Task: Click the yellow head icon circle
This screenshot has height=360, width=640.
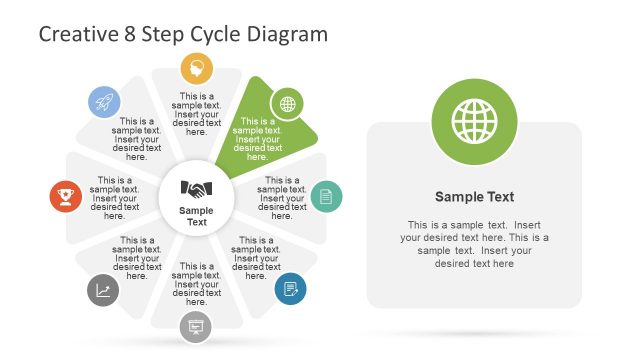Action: pyautogui.click(x=196, y=69)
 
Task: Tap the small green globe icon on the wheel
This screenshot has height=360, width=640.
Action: pyautogui.click(x=288, y=103)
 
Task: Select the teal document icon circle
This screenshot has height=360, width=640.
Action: pyautogui.click(x=326, y=196)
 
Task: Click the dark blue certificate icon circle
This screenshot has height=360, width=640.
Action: pyautogui.click(x=290, y=288)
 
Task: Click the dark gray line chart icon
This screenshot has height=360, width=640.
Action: pyautogui.click(x=103, y=290)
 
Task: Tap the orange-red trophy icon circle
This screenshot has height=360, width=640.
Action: pyautogui.click(x=66, y=196)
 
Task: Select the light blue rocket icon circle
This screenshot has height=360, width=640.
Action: pyautogui.click(x=103, y=101)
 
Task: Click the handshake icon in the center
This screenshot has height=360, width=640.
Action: pyautogui.click(x=196, y=188)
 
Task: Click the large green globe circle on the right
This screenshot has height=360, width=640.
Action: pyautogui.click(x=474, y=122)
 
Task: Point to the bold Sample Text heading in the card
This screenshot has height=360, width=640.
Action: pyautogui.click(x=474, y=197)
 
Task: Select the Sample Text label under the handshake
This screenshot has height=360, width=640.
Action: pyautogui.click(x=196, y=215)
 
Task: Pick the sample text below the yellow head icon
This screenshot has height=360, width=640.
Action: pyautogui.click(x=196, y=114)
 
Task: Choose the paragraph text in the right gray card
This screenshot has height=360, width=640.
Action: pyautogui.click(x=474, y=243)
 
